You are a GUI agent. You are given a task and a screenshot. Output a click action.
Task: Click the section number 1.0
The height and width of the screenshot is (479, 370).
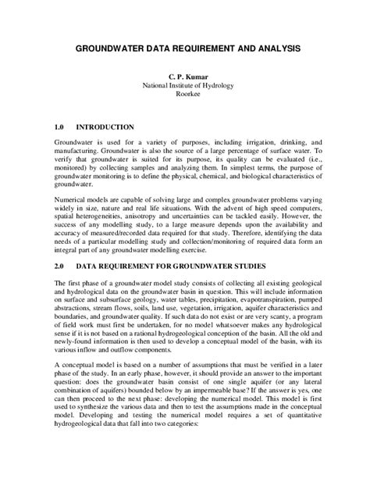(x=61, y=126)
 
